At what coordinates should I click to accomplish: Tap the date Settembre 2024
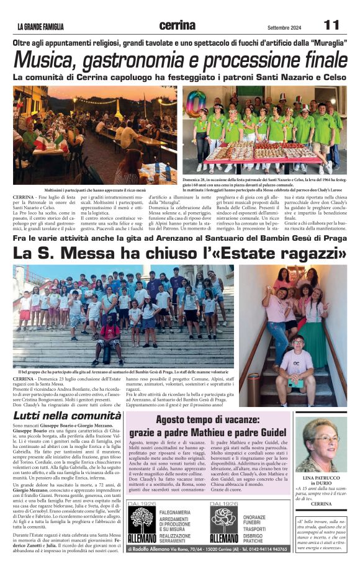click(x=285, y=27)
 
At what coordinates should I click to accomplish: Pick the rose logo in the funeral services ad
click(x=223, y=521)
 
